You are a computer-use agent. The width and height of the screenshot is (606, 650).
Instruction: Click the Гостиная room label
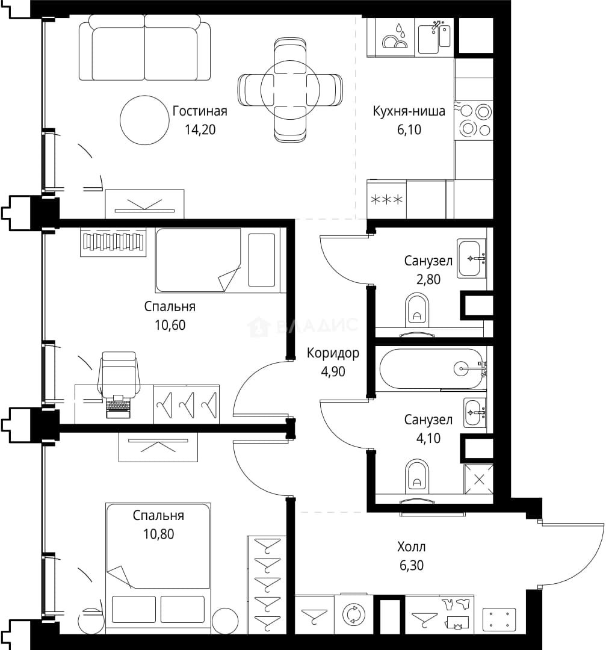tap(200, 111)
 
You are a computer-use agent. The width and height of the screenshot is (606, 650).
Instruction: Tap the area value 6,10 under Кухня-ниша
tap(409, 130)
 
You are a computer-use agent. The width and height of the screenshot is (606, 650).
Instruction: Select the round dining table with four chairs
tap(290, 90)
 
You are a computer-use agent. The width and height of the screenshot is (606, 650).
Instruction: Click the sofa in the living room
tap(144, 48)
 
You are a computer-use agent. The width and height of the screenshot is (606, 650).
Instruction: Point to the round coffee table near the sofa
tap(144, 120)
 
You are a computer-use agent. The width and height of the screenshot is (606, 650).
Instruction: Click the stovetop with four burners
tap(474, 120)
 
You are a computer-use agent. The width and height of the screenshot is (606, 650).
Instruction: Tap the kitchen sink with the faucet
tap(434, 38)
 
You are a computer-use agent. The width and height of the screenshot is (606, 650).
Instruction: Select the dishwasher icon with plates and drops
tap(395, 37)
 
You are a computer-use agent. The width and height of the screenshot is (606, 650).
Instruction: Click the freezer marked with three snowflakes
tap(386, 200)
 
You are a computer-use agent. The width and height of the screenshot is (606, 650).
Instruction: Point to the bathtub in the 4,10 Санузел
tap(431, 368)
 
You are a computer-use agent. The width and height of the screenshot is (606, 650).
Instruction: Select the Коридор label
tap(333, 353)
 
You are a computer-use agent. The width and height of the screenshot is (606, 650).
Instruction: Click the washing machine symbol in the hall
tap(354, 614)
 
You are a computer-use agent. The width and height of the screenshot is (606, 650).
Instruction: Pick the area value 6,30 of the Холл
tap(412, 565)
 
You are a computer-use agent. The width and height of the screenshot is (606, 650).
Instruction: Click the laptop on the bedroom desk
tap(118, 407)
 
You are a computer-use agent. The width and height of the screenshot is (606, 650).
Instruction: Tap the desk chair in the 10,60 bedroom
tap(119, 374)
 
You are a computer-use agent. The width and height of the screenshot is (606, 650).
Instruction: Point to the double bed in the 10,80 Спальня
tap(158, 568)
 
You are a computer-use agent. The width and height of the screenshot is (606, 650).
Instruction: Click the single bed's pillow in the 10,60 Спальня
tap(262, 260)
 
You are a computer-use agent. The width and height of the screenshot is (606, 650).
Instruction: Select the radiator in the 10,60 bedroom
tap(113, 243)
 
